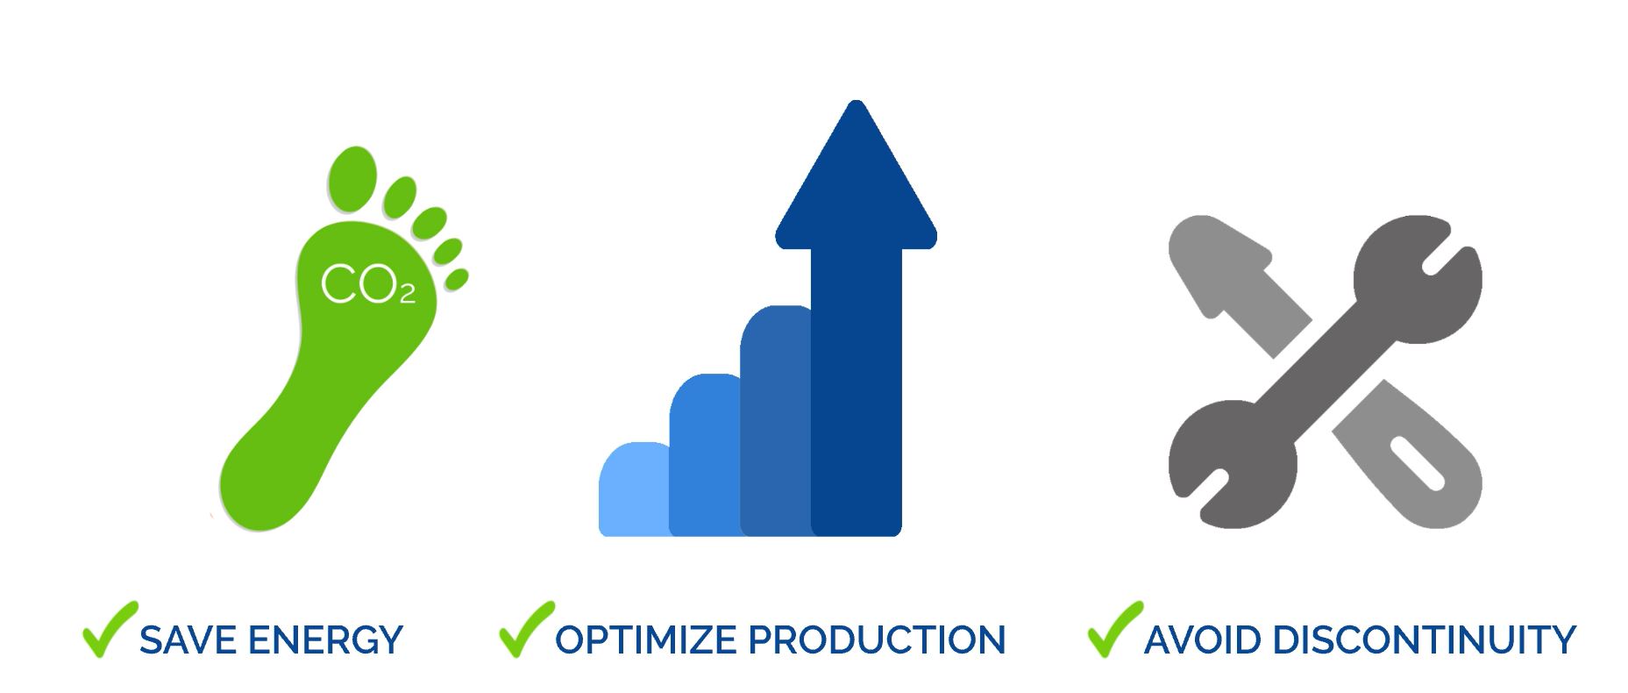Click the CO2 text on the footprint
(368, 284)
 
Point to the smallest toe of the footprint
(457, 279)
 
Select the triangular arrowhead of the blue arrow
(856, 175)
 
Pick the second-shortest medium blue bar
(705, 454)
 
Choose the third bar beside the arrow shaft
(776, 420)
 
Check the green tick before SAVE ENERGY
(110, 629)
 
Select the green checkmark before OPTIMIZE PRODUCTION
(526, 629)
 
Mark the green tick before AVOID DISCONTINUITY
(1115, 629)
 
